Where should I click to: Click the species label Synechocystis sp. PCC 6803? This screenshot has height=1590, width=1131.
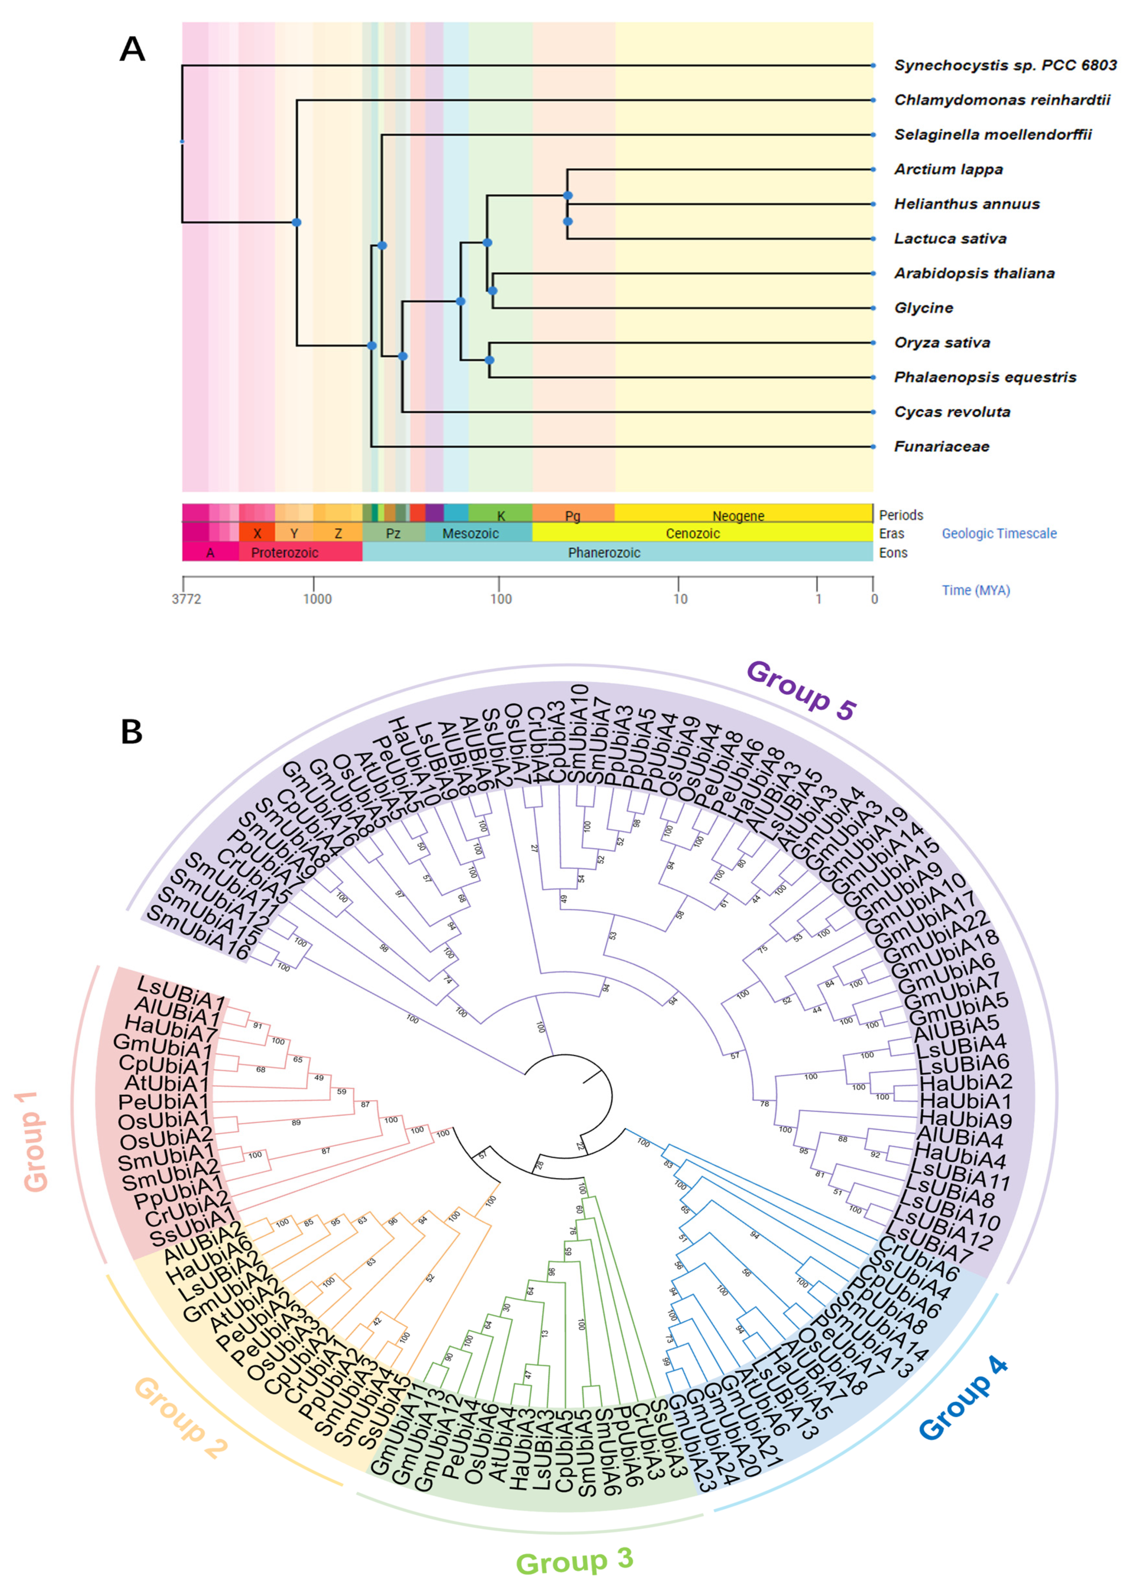pyautogui.click(x=1004, y=66)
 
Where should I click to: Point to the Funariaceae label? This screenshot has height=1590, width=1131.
pyautogui.click(x=941, y=446)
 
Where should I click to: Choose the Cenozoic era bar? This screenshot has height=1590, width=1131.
pyautogui.click(x=692, y=533)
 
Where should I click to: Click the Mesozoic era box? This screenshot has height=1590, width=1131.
pyautogui.click(x=471, y=533)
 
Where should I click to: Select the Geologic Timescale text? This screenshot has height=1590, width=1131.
pyautogui.click(x=999, y=533)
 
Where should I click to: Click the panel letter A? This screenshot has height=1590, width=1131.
pyautogui.click(x=132, y=49)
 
